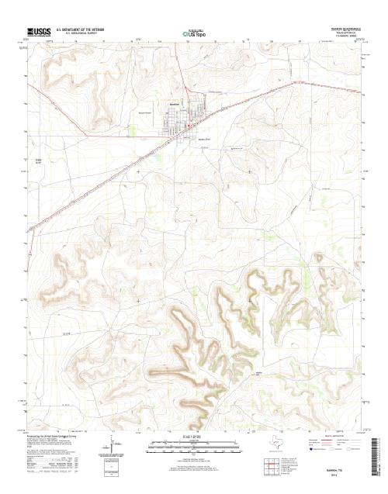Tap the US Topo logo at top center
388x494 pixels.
pyautogui.click(x=194, y=34)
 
